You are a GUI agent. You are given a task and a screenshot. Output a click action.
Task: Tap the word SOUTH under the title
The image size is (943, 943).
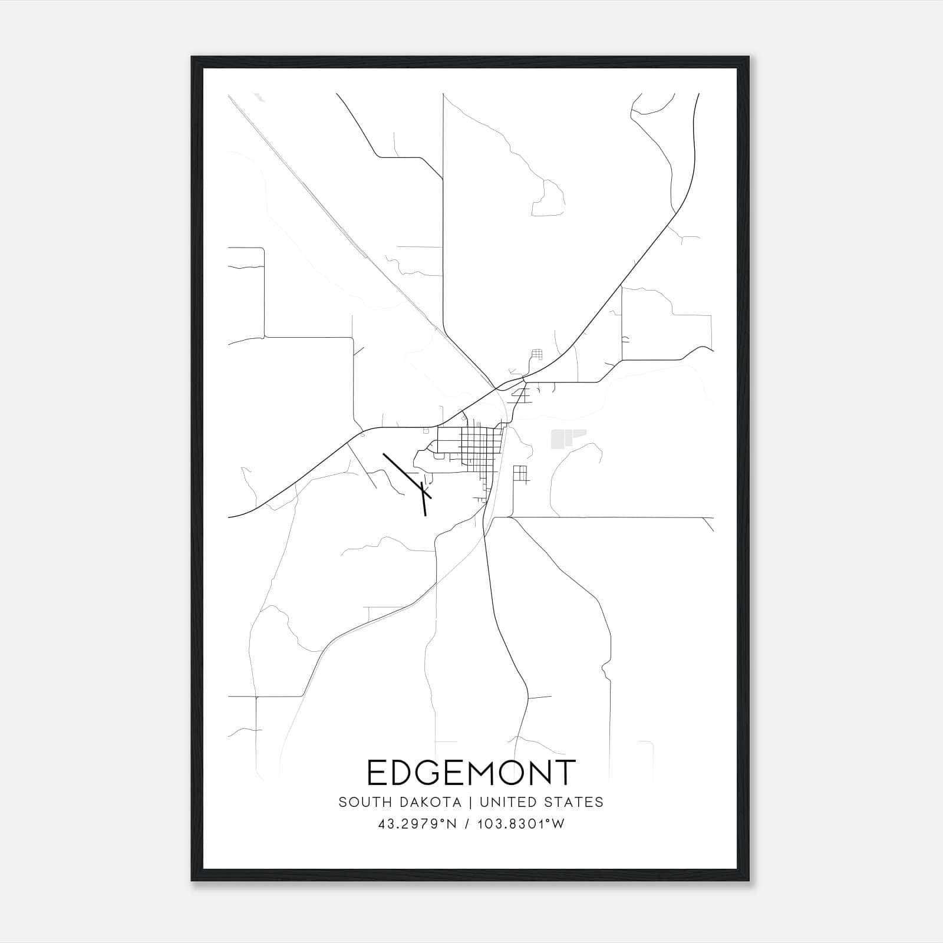(360, 802)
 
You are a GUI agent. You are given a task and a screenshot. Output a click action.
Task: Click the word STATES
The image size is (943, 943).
(576, 802)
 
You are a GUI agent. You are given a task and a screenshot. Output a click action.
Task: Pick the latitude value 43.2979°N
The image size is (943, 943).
(418, 825)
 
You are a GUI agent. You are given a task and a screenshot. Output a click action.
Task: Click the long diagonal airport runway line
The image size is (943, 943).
(407, 476)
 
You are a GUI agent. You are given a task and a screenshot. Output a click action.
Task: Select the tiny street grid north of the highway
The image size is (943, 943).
(536, 354)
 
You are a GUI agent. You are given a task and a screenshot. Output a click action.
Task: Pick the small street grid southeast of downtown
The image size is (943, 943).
(519, 474)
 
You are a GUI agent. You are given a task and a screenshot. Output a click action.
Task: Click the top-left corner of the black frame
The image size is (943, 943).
(193, 58)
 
